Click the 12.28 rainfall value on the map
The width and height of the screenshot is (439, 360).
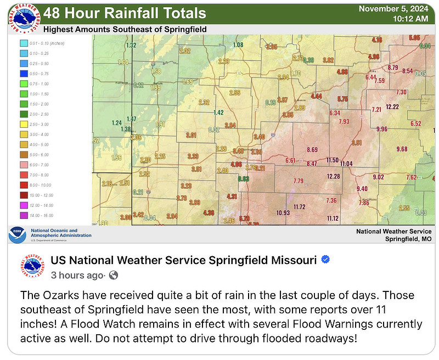(334, 176)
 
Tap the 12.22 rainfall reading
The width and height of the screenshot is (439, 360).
(392, 106)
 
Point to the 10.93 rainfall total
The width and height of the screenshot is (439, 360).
(283, 213)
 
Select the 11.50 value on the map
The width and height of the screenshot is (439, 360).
(333, 160)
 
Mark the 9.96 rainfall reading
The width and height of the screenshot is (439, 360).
(382, 129)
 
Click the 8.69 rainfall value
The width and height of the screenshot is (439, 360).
(312, 150)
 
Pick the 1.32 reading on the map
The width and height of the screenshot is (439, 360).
(131, 45)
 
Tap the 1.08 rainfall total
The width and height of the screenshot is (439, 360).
(238, 45)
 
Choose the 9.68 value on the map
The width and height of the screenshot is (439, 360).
(402, 149)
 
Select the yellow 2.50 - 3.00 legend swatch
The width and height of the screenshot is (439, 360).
(24, 125)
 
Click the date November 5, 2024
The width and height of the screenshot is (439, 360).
(392, 8)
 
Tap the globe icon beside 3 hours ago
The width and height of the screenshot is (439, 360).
(114, 275)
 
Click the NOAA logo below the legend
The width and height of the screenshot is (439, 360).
(18, 234)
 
